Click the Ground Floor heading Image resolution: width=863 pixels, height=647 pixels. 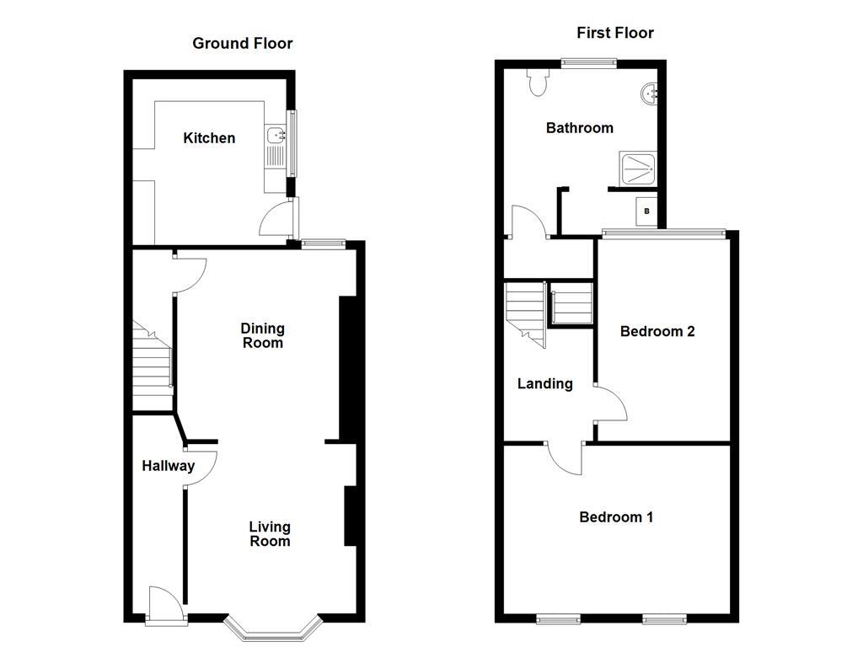click(243, 43)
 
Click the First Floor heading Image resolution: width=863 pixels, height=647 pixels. click(615, 33)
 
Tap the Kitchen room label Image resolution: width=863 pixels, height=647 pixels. click(209, 138)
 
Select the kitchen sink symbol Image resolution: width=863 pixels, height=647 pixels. click(276, 135)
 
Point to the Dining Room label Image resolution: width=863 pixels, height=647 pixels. click(262, 335)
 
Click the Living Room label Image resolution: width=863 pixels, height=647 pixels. click(270, 534)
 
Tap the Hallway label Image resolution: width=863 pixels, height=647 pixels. click(168, 466)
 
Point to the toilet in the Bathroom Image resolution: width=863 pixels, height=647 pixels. click(538, 82)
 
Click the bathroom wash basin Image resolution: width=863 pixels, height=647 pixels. click(650, 94)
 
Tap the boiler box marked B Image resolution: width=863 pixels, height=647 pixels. click(647, 211)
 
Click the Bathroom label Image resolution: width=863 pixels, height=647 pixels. click(580, 128)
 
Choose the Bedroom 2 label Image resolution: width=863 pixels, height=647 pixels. click(657, 331)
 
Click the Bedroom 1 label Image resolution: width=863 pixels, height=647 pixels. click(616, 517)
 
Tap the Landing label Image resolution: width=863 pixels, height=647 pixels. click(544, 384)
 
